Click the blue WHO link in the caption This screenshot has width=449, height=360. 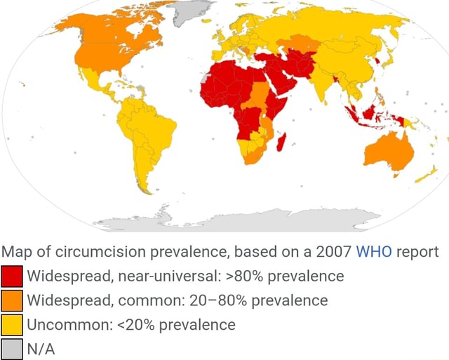click(375, 252)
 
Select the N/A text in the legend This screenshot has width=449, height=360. click(41, 349)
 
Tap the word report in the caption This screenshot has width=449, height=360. click(417, 252)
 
